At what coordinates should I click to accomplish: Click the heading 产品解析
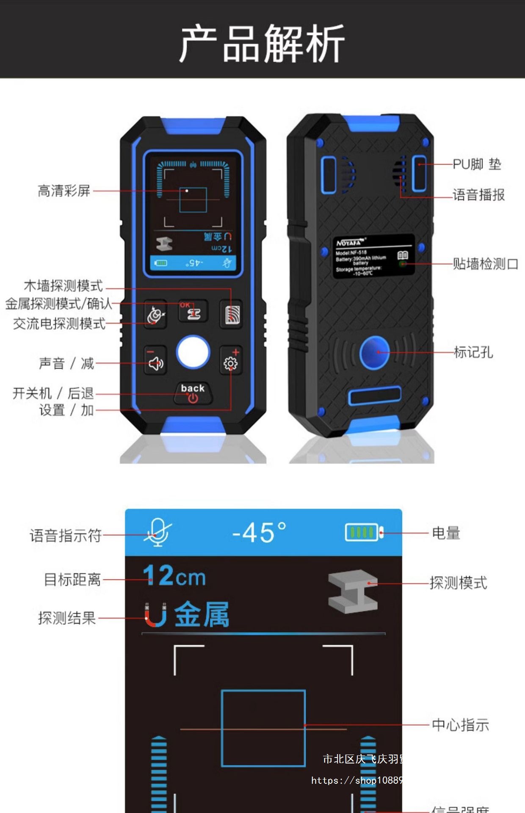(x=262, y=42)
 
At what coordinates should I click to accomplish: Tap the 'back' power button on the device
(x=193, y=393)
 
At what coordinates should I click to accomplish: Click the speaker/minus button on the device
(x=155, y=361)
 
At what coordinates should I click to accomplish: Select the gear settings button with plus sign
(x=231, y=361)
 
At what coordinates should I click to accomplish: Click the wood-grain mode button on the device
(x=232, y=314)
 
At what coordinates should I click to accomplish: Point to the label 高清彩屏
(x=64, y=191)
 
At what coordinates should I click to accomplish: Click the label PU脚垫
(x=477, y=164)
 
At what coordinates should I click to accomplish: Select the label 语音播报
(x=478, y=195)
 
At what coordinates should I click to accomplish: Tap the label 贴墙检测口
(x=485, y=264)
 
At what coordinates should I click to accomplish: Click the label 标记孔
(x=473, y=352)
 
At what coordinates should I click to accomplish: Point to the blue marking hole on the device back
(x=375, y=352)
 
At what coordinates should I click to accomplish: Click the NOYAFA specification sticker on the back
(x=373, y=257)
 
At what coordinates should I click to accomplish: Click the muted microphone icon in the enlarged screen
(x=157, y=533)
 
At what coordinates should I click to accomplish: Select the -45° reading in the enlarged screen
(x=259, y=533)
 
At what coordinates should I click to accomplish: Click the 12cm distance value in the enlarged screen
(x=174, y=576)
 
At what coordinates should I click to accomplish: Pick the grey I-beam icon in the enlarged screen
(x=353, y=591)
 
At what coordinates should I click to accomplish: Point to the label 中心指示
(x=460, y=725)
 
